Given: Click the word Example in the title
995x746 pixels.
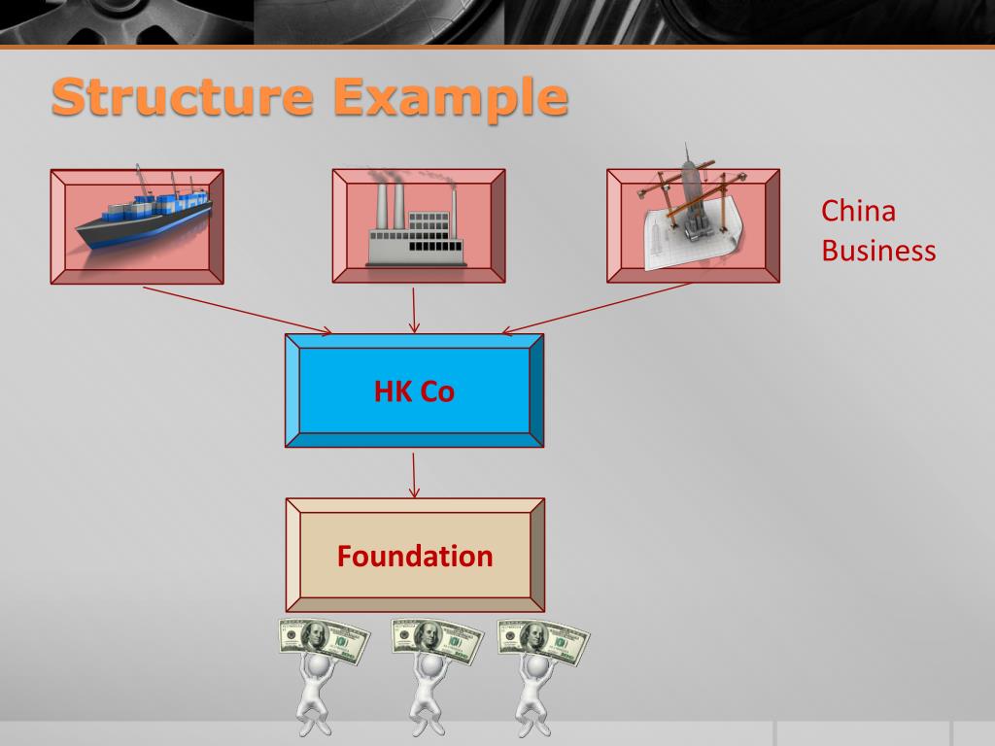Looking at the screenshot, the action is pos(449,99).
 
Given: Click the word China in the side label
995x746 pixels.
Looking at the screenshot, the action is pos(858,211).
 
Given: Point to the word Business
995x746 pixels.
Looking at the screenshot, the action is pos(878,251).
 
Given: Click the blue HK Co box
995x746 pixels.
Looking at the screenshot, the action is pos(414,390).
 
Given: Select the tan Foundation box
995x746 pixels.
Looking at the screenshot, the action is pos(415,556).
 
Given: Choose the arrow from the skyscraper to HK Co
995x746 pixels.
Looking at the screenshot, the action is pos(597,309).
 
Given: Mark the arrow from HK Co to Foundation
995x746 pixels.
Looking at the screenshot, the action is pos(415,473).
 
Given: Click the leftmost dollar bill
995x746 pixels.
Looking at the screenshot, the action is pos(324,639).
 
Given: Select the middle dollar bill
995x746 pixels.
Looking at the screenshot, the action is pos(436,639).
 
